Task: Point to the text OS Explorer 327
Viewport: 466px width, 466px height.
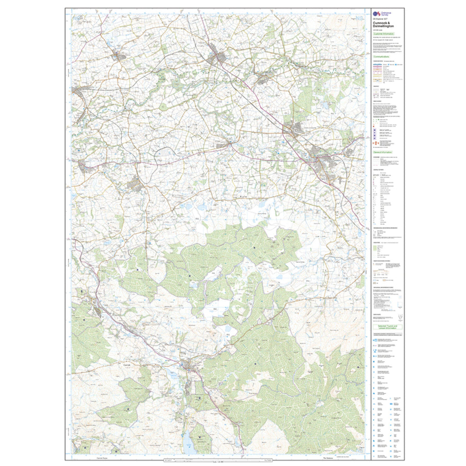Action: point(380,20)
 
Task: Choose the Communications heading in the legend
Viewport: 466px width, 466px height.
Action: point(385,57)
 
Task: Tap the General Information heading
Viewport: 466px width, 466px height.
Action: point(385,152)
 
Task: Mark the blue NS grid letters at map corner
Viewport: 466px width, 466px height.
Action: point(360,18)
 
